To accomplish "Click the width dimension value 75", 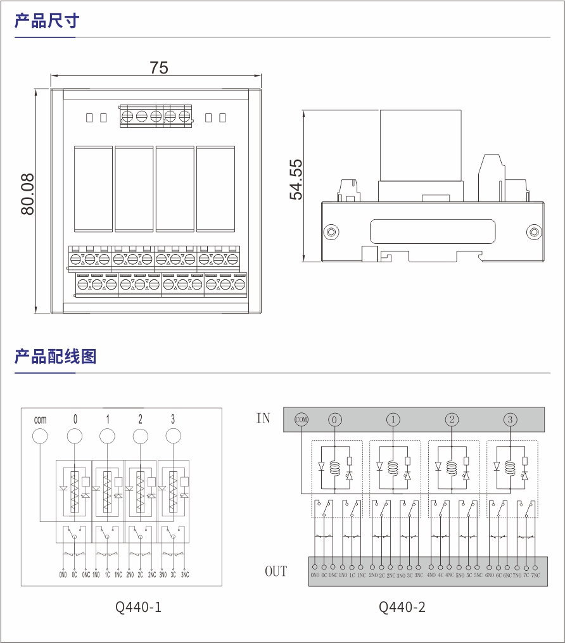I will pos(159,68).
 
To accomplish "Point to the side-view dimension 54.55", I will pos(296,180).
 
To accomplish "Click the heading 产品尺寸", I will pos(47,21).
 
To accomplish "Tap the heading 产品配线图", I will pos(56,357).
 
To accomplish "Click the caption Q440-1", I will pos(138,607).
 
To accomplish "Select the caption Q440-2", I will pos(402,607).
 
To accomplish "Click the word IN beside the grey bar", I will pos(263,419).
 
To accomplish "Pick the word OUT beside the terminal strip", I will pos(276,571).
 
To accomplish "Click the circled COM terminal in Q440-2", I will pos(302,419).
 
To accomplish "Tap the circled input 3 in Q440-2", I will pos(510,419).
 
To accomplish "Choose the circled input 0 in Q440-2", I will pos(335,419).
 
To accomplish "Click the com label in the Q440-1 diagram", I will pos(41,419).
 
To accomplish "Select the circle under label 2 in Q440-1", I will pos(140,436).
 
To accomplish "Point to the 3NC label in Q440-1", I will pos(184,575).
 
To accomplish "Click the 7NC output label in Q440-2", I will pos(535,575).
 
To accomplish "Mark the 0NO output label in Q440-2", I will pos(315,575).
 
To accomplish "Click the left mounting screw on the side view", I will pos(330,232).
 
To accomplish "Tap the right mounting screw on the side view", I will pos(533,232).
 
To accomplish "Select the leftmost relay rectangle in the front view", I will pos(94,189).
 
